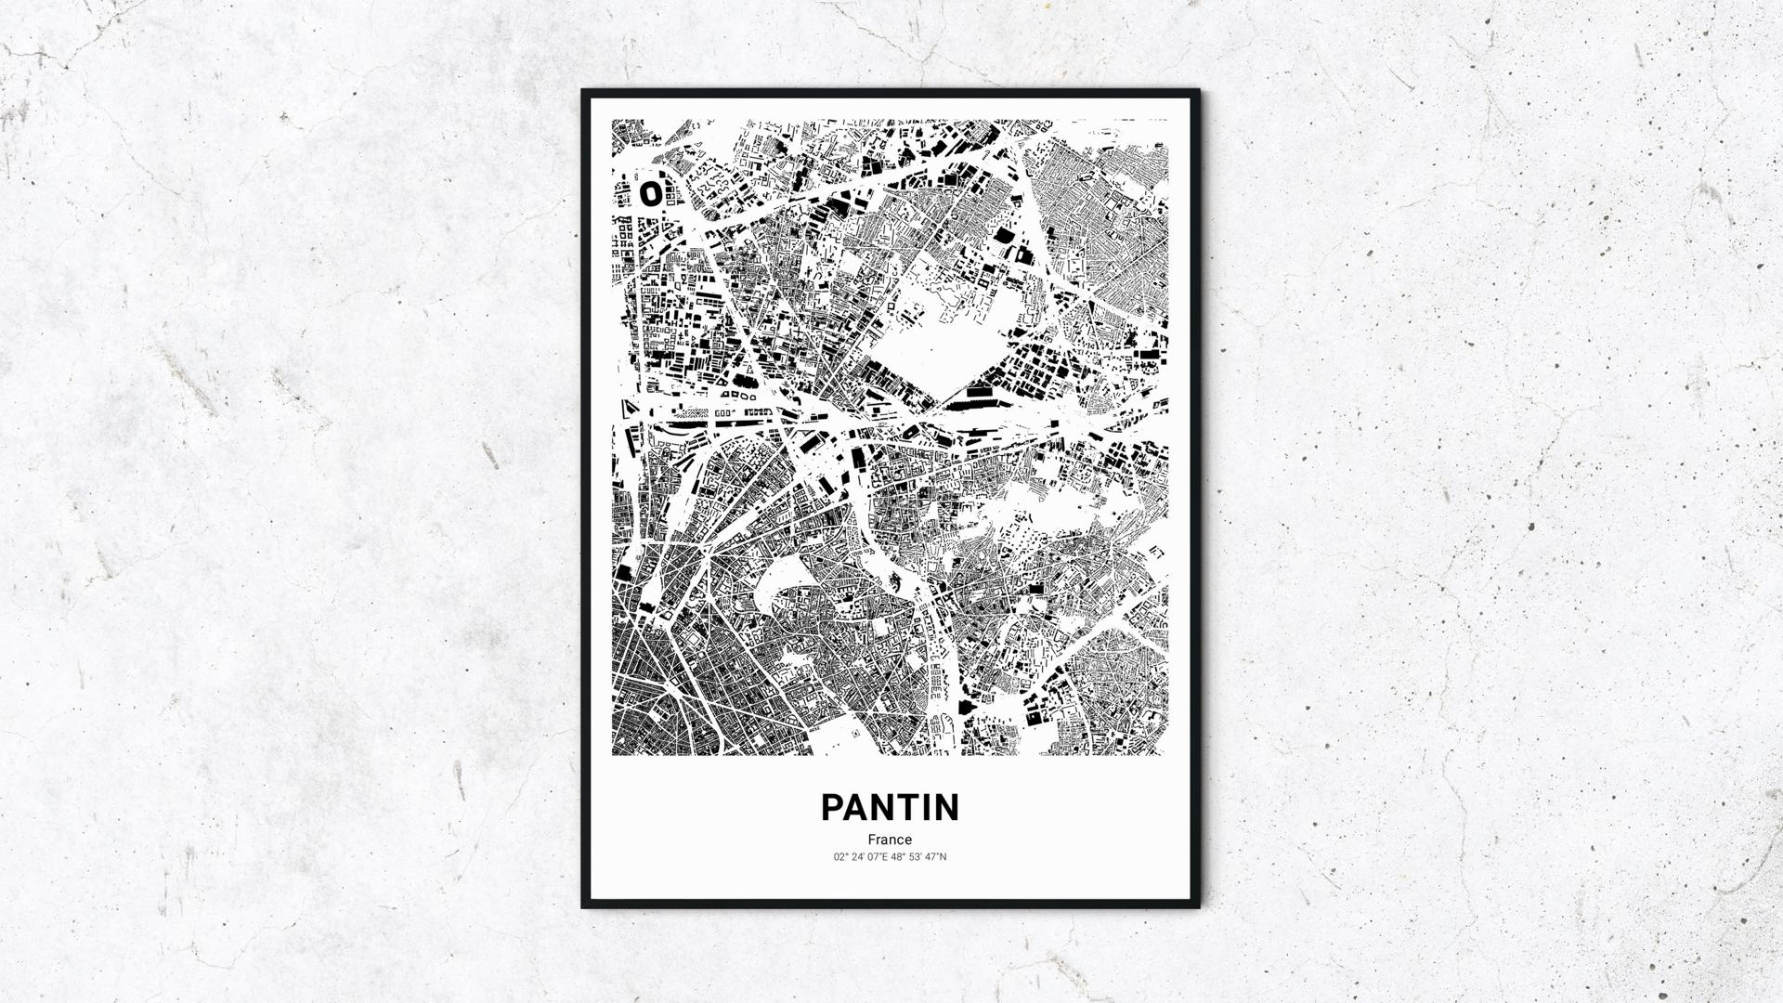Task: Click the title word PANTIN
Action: pos(890,808)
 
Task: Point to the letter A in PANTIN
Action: pos(859,808)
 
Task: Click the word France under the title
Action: pos(890,840)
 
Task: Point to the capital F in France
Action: pos(872,840)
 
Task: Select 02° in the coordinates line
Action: pos(841,856)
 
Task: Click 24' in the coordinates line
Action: pos(858,856)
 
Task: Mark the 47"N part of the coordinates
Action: pos(936,856)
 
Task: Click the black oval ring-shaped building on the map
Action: pos(651,193)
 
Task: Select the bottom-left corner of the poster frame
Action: pos(584,906)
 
